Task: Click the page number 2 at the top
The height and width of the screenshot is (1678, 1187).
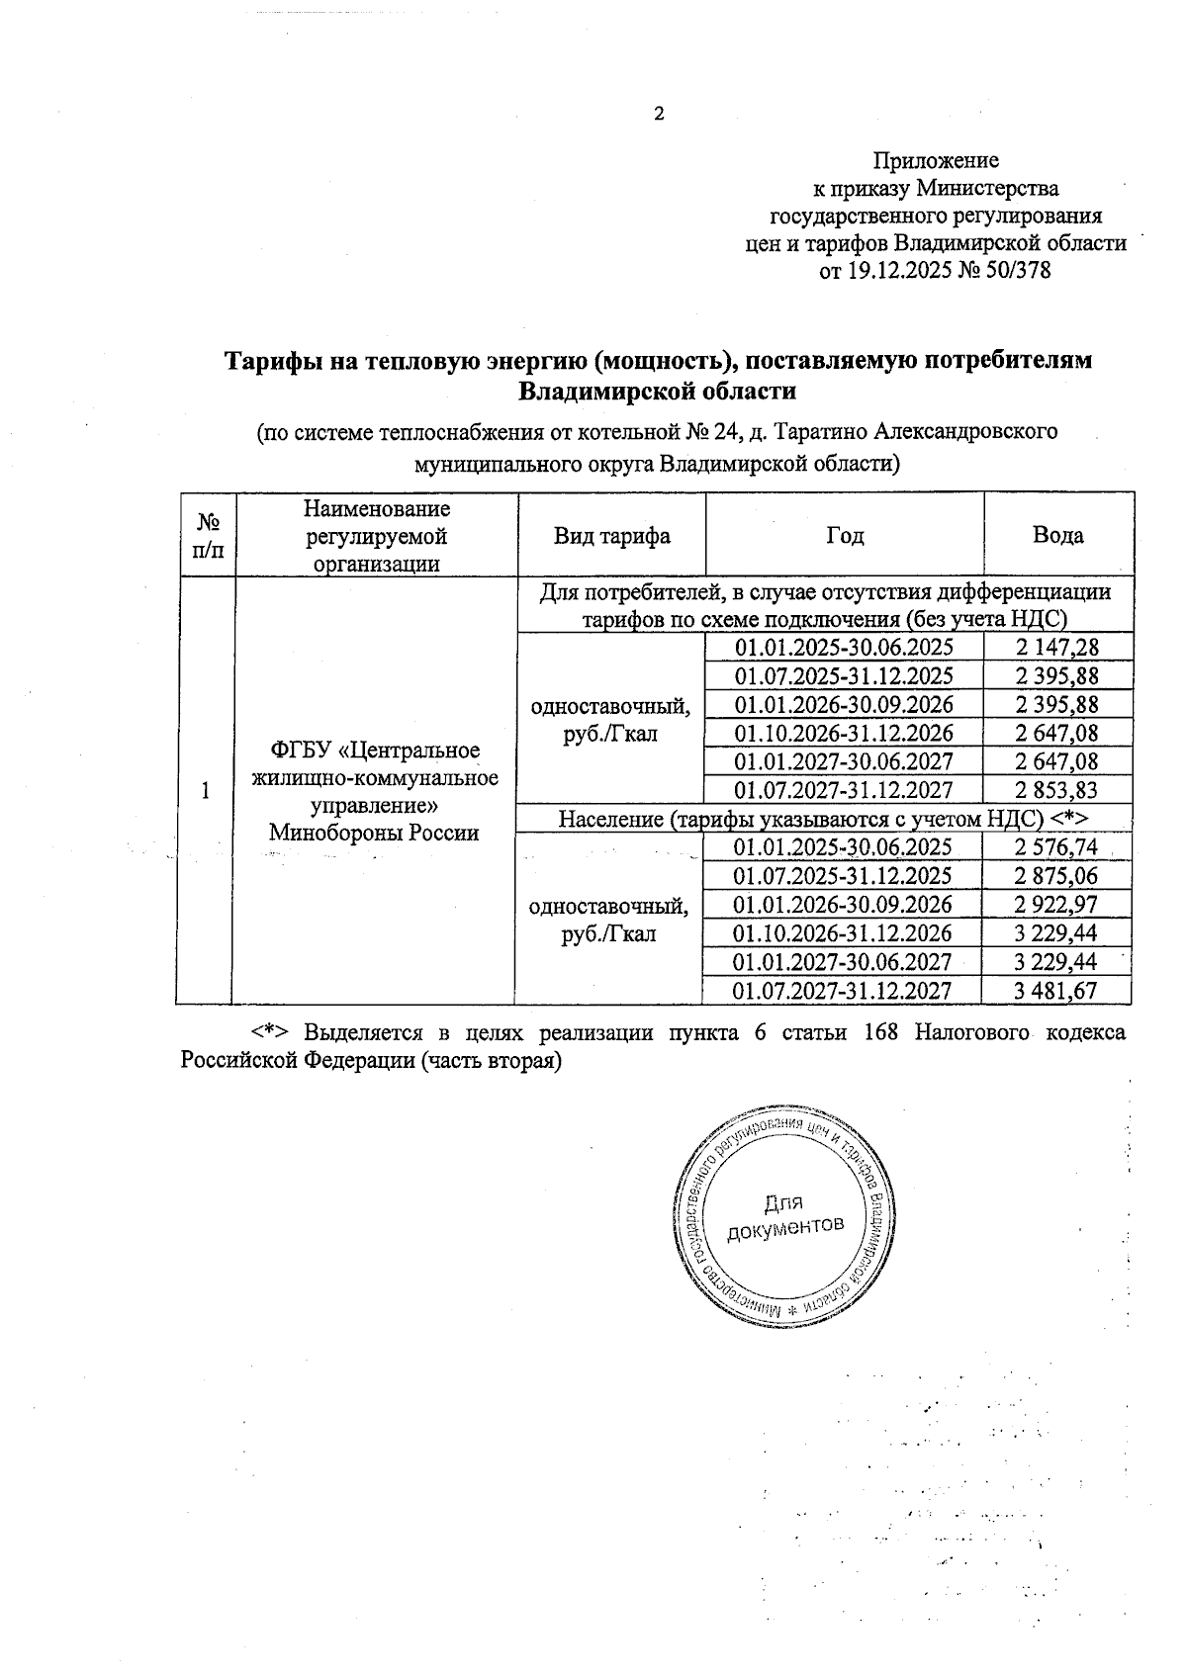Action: tap(659, 115)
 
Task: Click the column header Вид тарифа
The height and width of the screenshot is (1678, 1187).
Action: tap(611, 536)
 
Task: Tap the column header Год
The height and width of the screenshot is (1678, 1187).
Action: tap(845, 536)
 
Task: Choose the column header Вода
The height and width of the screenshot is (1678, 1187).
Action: tap(1057, 536)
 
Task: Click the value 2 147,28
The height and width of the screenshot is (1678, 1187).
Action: tap(1057, 648)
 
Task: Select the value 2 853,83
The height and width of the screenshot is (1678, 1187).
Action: tap(1057, 790)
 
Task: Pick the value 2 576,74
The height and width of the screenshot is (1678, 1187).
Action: tap(1056, 847)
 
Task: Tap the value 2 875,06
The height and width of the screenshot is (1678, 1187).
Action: tap(1056, 876)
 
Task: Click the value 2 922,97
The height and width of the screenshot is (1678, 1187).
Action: tap(1056, 905)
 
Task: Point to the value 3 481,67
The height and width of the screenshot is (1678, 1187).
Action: tap(1056, 991)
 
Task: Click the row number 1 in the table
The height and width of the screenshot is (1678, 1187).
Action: tap(205, 791)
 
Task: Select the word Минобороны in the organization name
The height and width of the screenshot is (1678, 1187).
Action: tap(327, 833)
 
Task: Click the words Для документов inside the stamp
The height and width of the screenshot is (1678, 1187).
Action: tap(784, 1215)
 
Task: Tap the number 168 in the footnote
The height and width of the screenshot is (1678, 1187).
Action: tap(881, 1032)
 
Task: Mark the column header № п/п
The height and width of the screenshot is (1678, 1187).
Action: tap(208, 536)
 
